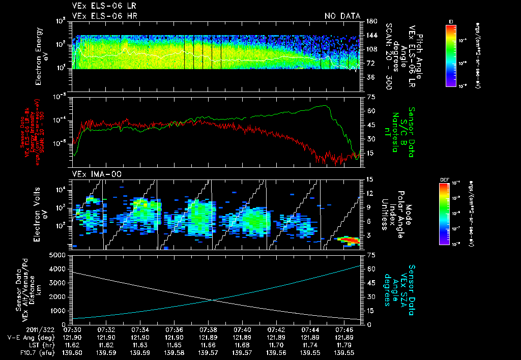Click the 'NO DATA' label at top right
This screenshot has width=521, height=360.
click(342, 16)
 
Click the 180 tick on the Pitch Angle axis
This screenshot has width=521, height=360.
click(370, 21)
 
